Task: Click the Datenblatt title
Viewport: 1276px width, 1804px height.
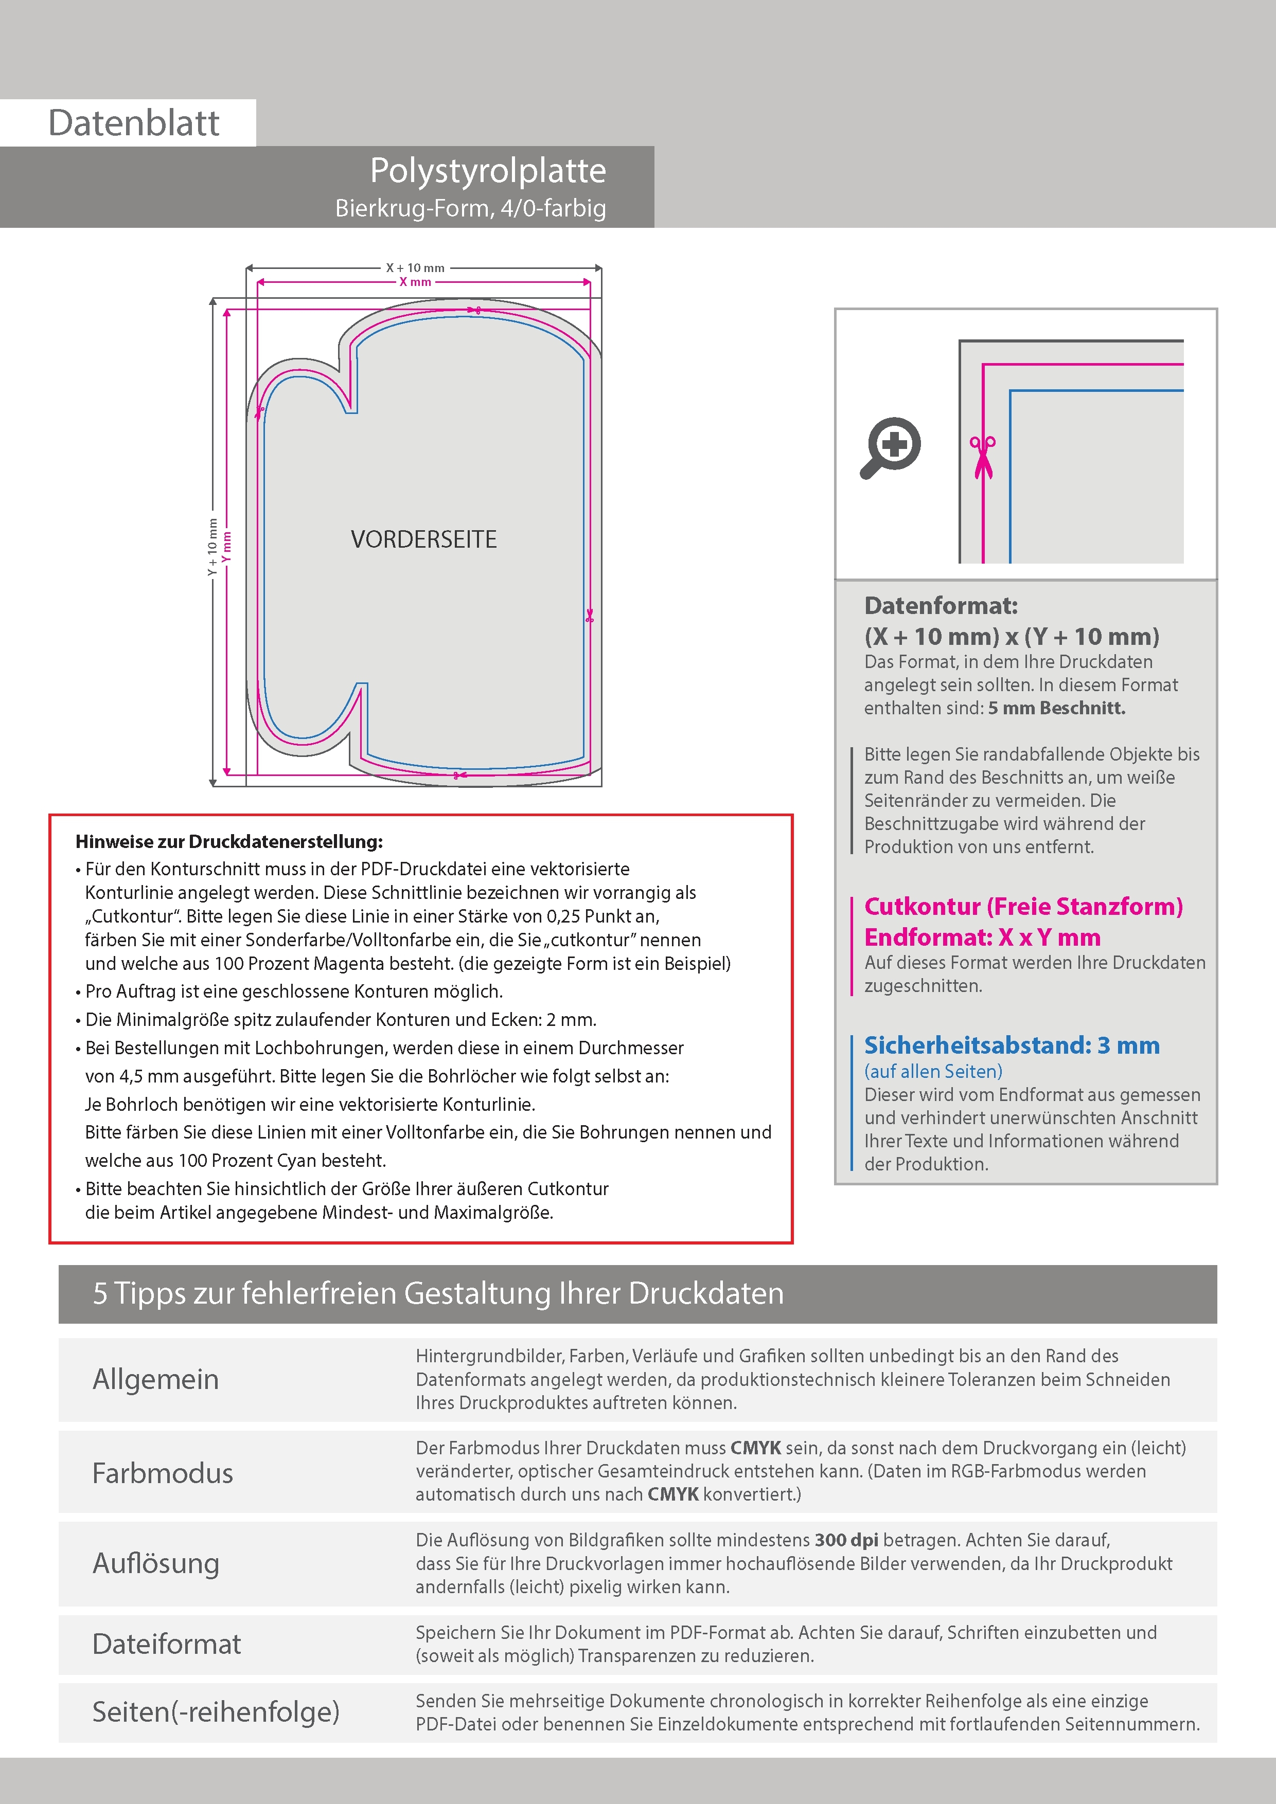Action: pos(134,122)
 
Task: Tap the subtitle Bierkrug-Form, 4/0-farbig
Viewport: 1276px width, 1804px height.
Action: pos(470,208)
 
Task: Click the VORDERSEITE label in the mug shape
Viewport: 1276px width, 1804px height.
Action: pos(424,540)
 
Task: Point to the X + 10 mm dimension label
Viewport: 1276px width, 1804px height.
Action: pos(415,268)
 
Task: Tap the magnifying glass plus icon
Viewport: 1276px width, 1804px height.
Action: pos(891,447)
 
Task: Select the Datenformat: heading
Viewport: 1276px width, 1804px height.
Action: pos(941,606)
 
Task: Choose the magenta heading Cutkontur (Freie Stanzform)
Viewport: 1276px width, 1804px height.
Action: pos(1023,907)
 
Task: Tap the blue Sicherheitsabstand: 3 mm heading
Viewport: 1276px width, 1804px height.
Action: pos(1011,1046)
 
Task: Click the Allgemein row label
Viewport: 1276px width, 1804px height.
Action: pos(156,1379)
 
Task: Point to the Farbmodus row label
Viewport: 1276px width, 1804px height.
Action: pos(163,1472)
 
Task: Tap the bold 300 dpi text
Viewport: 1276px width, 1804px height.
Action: pos(846,1540)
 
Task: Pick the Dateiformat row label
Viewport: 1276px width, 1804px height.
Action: pos(167,1644)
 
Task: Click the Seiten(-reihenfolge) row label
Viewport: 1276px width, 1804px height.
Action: pos(216,1711)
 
